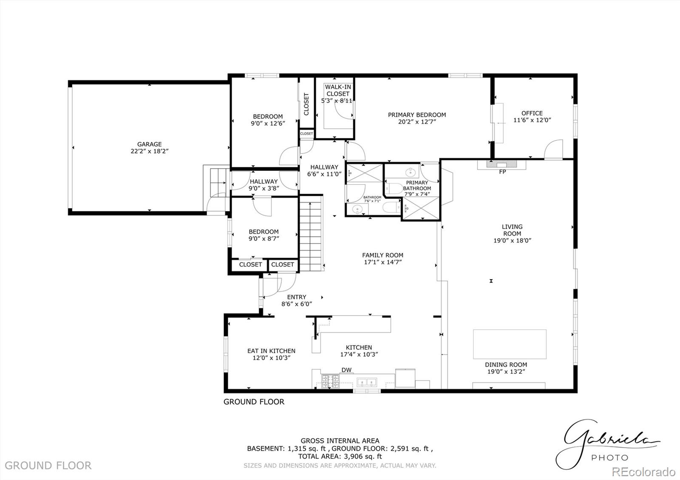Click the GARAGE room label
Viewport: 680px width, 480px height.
tap(149, 144)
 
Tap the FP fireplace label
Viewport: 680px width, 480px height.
tap(502, 172)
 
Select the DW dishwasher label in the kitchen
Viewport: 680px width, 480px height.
tap(346, 370)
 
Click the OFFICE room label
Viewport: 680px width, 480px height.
tap(532, 113)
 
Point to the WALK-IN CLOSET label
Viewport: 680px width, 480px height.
tap(338, 90)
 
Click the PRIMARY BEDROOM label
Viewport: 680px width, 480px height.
tap(417, 115)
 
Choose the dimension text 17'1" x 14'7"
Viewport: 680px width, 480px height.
tap(382, 262)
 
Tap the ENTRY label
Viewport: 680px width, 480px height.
tap(297, 297)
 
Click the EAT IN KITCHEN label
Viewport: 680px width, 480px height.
tap(271, 351)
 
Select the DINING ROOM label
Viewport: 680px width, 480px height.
tap(506, 365)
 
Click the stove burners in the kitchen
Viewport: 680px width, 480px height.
tap(330, 381)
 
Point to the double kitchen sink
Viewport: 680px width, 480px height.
tap(367, 382)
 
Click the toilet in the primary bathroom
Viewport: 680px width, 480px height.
tap(394, 189)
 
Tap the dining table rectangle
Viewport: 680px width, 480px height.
tap(510, 344)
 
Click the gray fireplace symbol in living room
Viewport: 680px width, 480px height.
tap(501, 164)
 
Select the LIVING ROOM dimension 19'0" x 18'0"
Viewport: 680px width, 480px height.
tap(512, 240)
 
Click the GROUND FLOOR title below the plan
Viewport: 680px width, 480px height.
tap(254, 402)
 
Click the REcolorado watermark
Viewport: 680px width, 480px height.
tap(643, 472)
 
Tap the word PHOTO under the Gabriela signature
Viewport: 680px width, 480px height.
tap(609, 457)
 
